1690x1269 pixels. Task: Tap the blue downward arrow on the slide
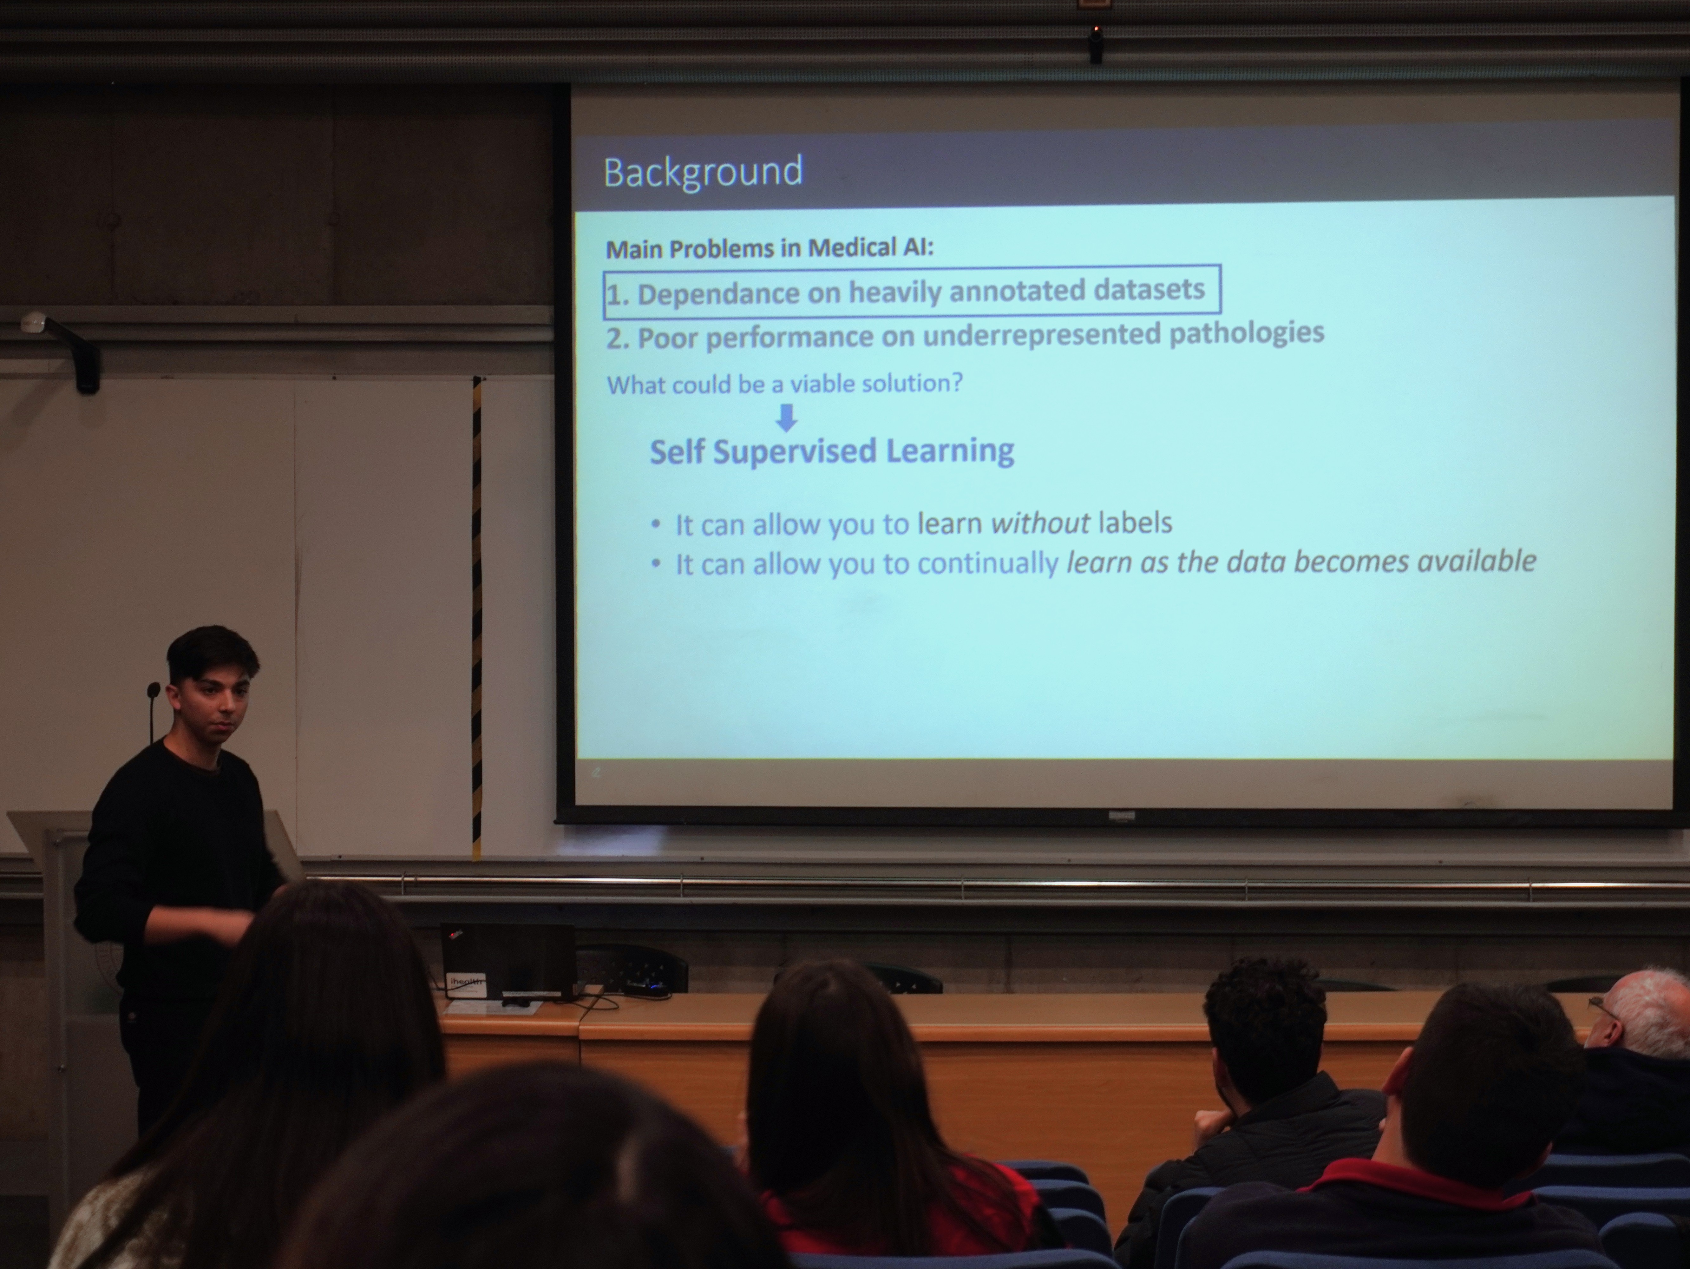[786, 417]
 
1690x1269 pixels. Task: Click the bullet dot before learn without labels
[656, 525]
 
